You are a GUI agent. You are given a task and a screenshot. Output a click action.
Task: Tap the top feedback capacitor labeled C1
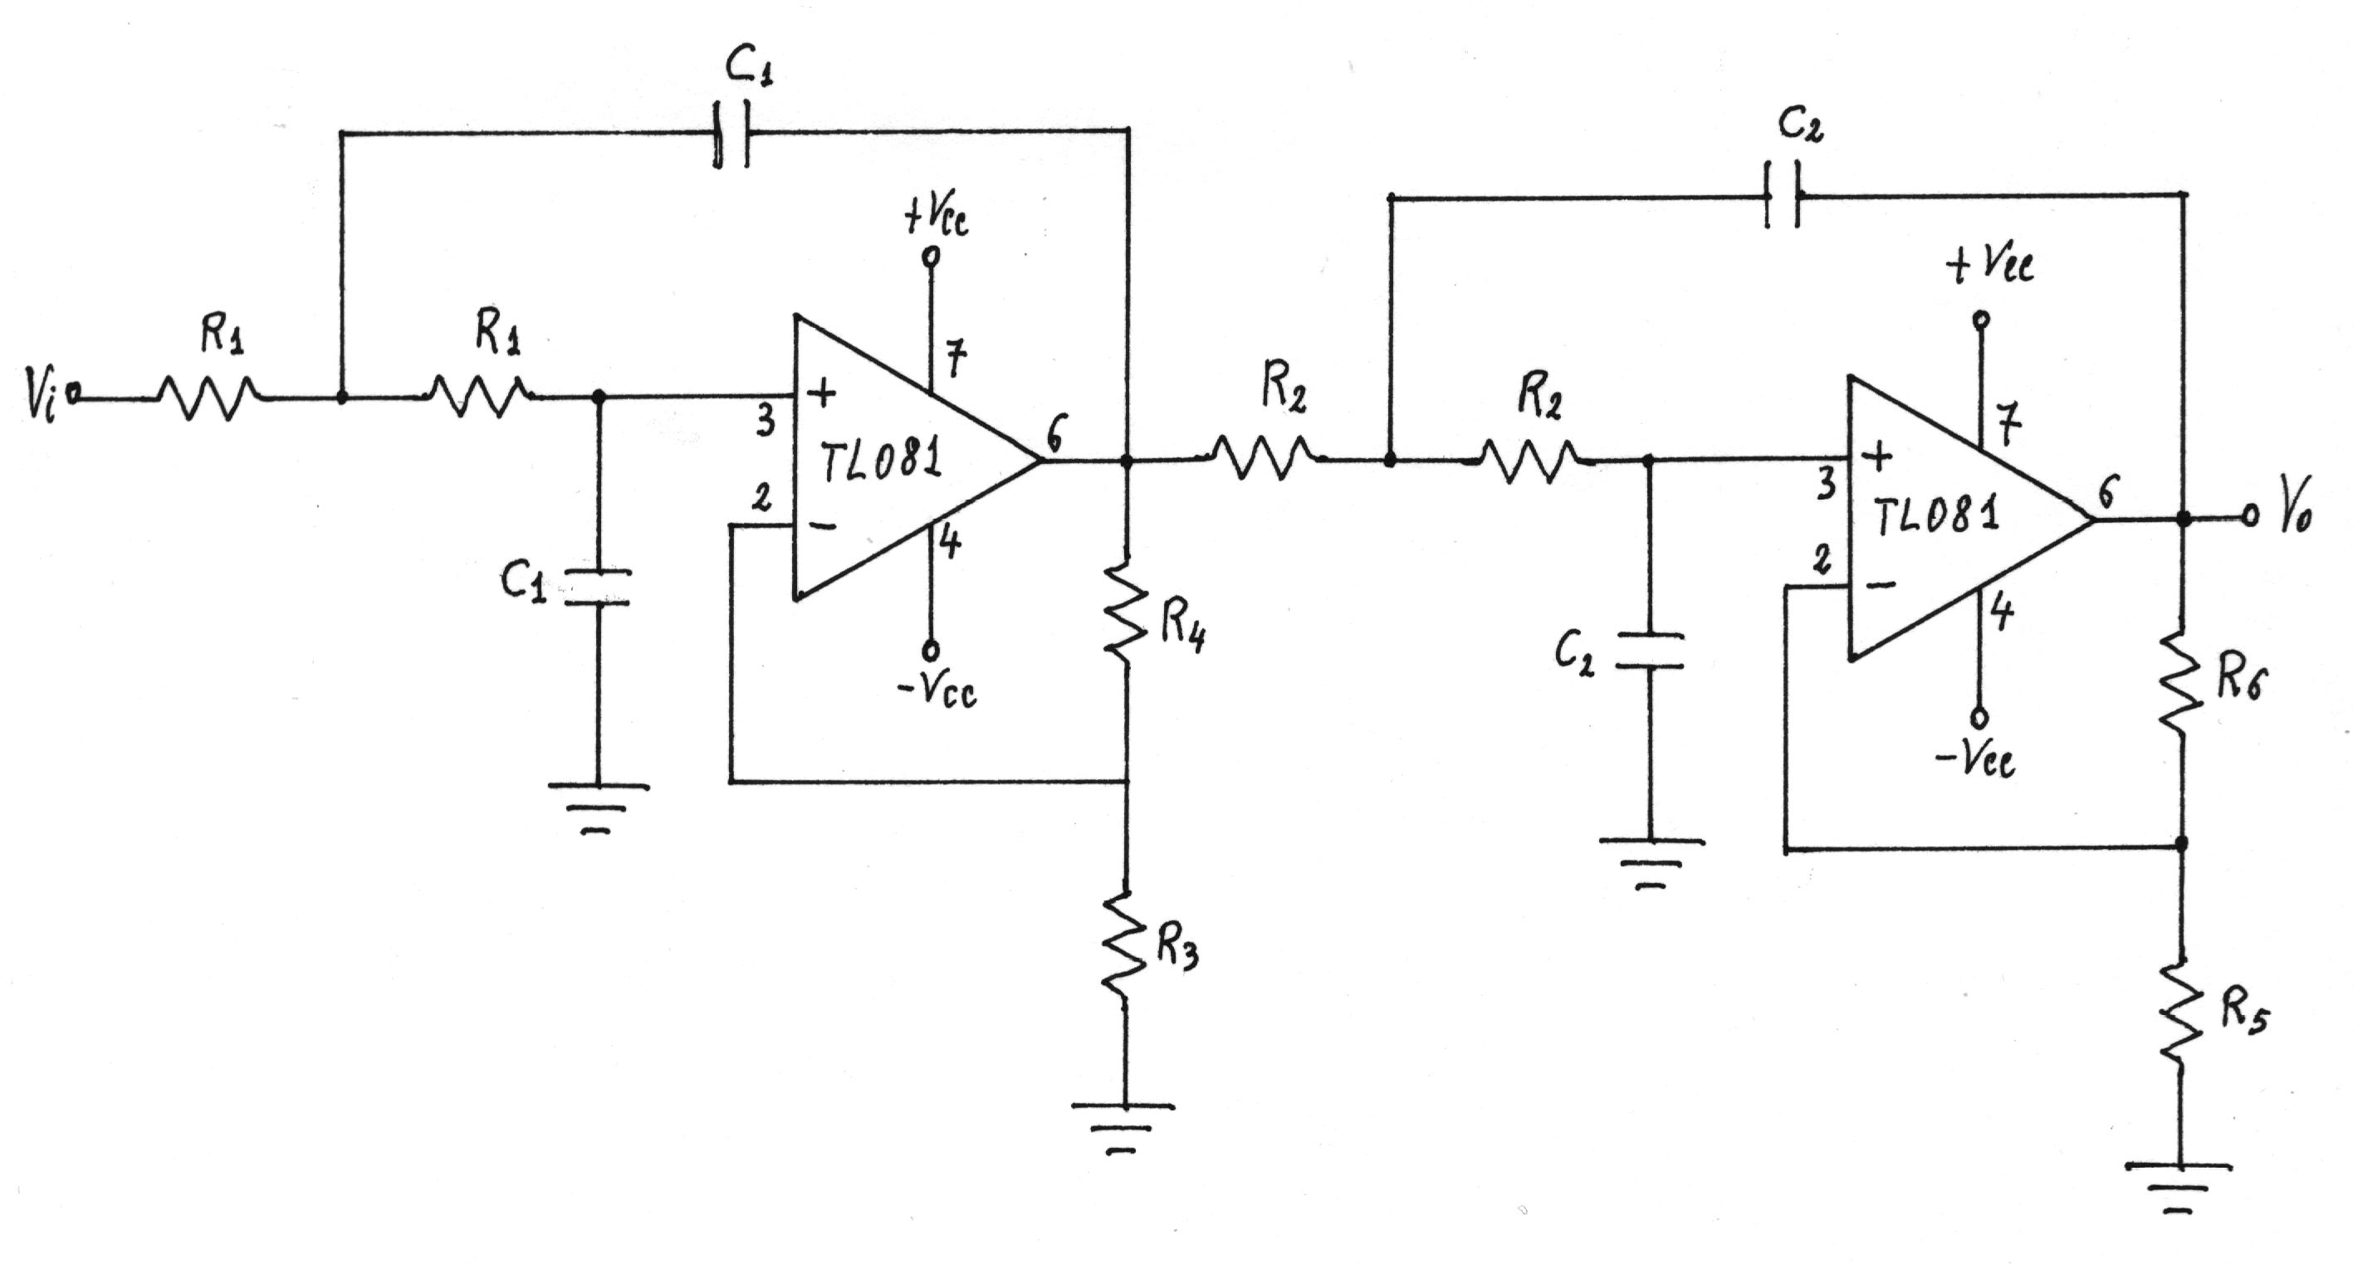(x=731, y=134)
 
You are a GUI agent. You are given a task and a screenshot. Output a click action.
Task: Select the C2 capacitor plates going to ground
(x=1650, y=651)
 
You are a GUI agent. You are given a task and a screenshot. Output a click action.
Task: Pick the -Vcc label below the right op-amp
(x=1978, y=757)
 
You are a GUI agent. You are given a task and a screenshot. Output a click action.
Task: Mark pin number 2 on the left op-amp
(x=761, y=498)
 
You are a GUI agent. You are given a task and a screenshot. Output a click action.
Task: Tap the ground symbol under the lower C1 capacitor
(x=598, y=808)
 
